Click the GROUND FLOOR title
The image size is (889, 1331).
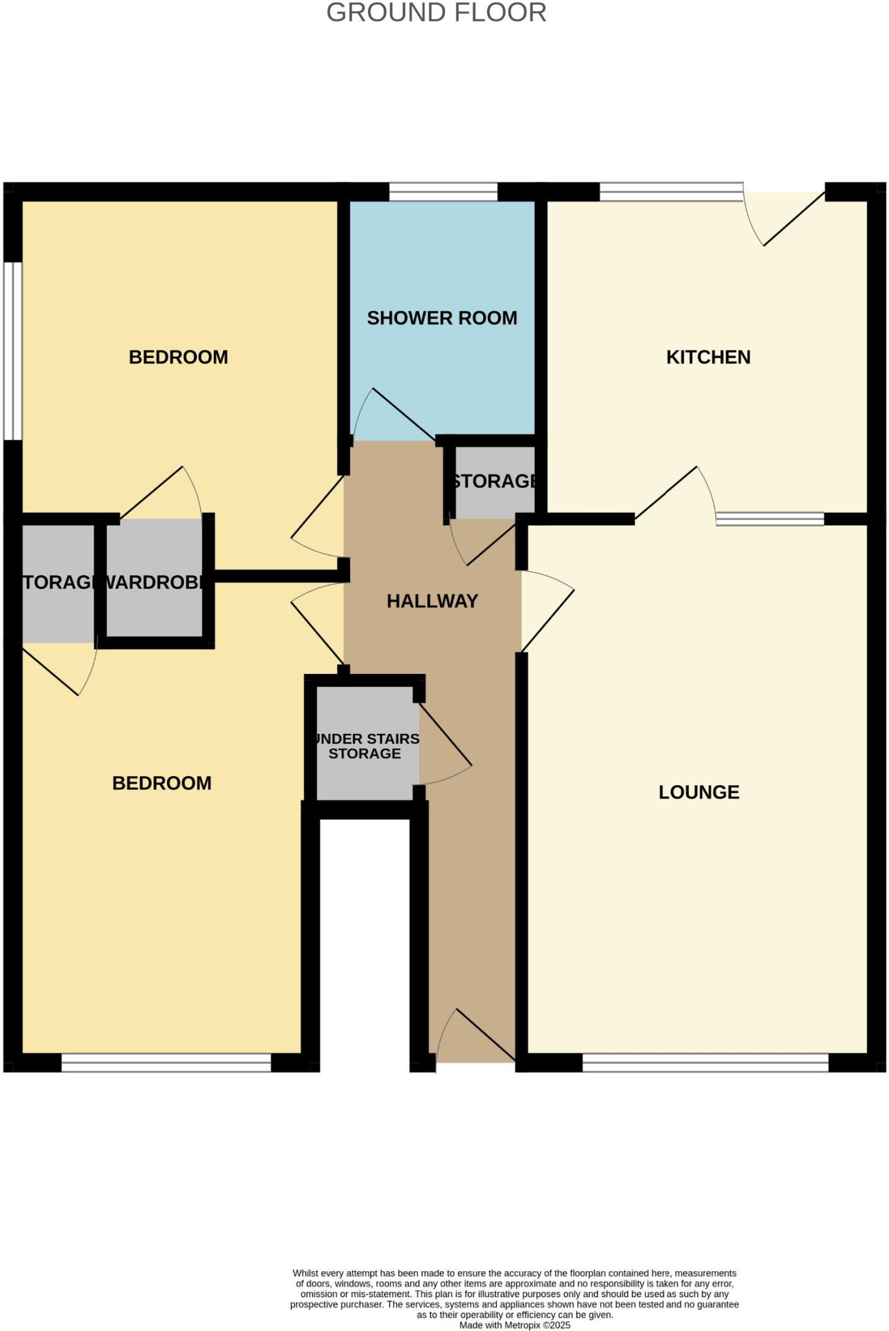coord(436,13)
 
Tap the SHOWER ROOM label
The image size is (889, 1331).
coord(442,318)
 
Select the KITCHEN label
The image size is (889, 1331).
coord(708,357)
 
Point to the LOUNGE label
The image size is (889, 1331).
coord(699,792)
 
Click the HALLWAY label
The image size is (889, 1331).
coord(432,601)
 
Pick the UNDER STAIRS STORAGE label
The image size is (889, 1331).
coord(366,746)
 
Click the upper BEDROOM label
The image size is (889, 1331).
coord(178,357)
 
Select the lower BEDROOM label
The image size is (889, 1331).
coord(162,783)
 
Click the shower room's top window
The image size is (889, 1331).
coord(443,192)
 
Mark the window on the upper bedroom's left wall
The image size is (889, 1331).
coord(12,351)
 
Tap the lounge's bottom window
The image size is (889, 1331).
coord(705,1063)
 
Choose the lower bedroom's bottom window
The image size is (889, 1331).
coord(166,1063)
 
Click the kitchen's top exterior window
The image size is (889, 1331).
coord(671,192)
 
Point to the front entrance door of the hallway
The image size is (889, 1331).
coord(476,1037)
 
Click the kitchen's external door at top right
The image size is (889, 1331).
coord(787,218)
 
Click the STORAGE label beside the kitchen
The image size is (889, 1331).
coord(495,481)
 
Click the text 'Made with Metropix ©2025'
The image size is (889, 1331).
coord(515,1325)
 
